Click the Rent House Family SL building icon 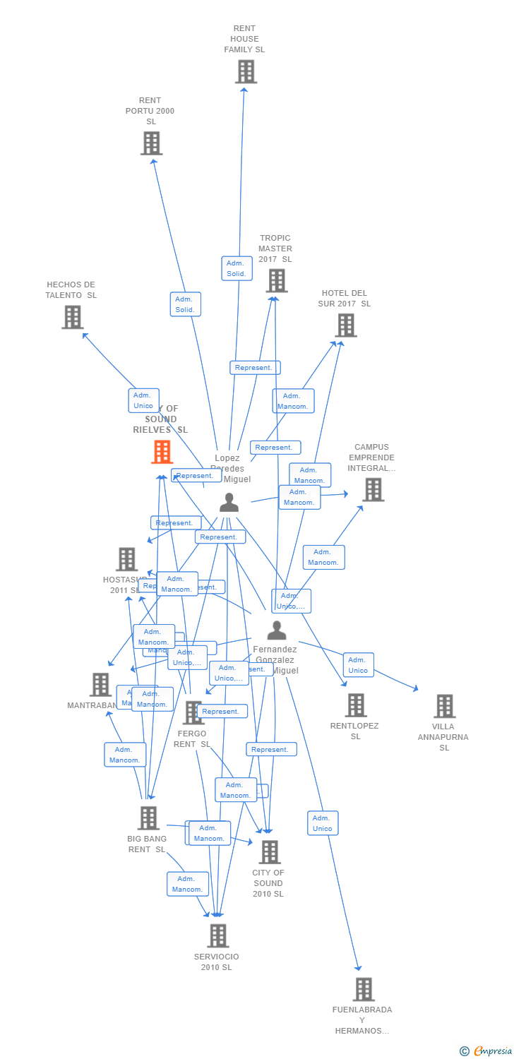pyautogui.click(x=246, y=71)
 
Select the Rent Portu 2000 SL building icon pyautogui.click(x=151, y=143)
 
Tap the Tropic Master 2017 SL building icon pyautogui.click(x=276, y=280)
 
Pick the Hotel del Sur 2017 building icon pyautogui.click(x=345, y=325)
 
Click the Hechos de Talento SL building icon pyautogui.click(x=72, y=317)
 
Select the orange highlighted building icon pyautogui.click(x=162, y=452)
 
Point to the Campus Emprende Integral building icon pyautogui.click(x=373, y=489)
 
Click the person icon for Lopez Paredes pyautogui.click(x=229, y=502)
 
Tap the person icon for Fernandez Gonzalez pyautogui.click(x=277, y=630)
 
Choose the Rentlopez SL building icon pyautogui.click(x=355, y=705)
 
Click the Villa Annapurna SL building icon pyautogui.click(x=444, y=705)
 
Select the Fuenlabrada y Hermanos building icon pyautogui.click(x=363, y=989)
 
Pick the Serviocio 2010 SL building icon pyautogui.click(x=217, y=935)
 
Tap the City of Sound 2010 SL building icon pyautogui.click(x=269, y=852)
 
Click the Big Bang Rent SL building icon pyautogui.click(x=148, y=818)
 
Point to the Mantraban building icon pyautogui.click(x=100, y=684)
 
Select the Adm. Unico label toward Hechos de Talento pyautogui.click(x=143, y=400)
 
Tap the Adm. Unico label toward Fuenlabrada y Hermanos pyautogui.click(x=323, y=823)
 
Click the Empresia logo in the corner pyautogui.click(x=486, y=1051)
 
